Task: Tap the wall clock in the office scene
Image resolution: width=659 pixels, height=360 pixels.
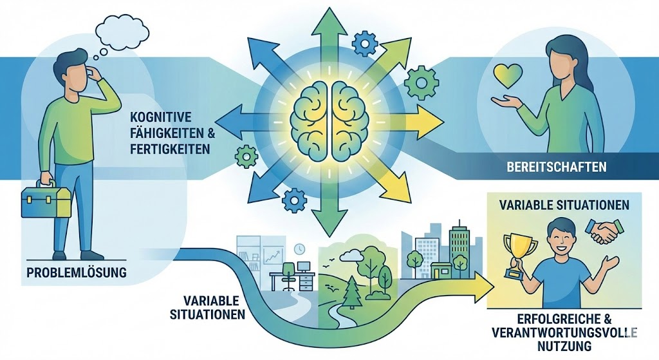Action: click(x=299, y=249)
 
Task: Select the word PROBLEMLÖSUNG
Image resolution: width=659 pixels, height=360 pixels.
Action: click(x=77, y=273)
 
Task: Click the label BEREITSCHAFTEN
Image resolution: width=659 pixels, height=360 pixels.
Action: click(x=553, y=167)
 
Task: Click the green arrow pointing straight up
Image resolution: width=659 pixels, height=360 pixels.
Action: click(x=329, y=32)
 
